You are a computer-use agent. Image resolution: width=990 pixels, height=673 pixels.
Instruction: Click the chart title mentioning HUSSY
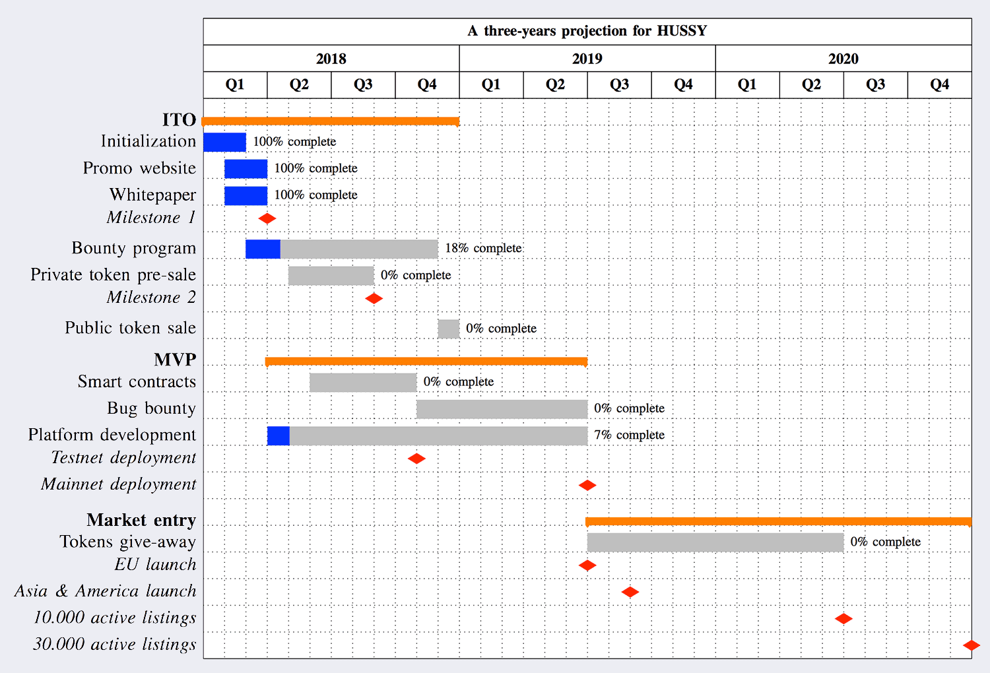[x=587, y=31]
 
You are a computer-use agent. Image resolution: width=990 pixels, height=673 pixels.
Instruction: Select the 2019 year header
[x=587, y=59]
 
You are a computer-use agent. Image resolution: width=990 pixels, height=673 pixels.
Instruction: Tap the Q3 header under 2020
[x=875, y=84]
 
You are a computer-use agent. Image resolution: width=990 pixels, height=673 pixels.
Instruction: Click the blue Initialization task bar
[x=224, y=142]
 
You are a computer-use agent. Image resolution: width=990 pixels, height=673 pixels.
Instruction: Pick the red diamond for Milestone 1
[x=267, y=218]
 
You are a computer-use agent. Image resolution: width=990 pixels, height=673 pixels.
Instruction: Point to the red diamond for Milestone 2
[x=374, y=298]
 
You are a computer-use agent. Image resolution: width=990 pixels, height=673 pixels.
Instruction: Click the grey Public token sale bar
[x=448, y=329]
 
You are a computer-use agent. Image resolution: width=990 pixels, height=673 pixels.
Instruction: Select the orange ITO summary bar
[x=330, y=121]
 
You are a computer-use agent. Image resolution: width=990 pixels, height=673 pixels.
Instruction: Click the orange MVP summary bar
[x=426, y=362]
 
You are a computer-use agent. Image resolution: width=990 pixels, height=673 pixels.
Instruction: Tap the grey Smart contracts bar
[x=363, y=382]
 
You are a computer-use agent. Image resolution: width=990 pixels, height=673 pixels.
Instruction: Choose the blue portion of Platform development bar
[x=278, y=435]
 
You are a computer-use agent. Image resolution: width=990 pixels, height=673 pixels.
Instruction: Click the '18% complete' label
[x=483, y=248]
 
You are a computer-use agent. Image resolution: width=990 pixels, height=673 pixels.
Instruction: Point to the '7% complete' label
[x=629, y=435]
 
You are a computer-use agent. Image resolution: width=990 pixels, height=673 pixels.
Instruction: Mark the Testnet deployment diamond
[x=416, y=459]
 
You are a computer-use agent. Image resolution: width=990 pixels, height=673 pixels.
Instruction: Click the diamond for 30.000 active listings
[x=971, y=645]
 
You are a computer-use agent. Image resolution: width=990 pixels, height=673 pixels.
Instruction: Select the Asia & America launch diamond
[x=630, y=592]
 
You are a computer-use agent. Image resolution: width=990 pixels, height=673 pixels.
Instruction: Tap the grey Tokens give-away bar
[x=715, y=542]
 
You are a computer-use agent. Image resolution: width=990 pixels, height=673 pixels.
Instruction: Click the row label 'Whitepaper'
[x=152, y=195]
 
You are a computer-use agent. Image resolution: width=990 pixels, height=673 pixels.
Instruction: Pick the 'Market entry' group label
[x=141, y=520]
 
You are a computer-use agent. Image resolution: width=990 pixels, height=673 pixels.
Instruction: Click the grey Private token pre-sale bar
[x=331, y=275]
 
